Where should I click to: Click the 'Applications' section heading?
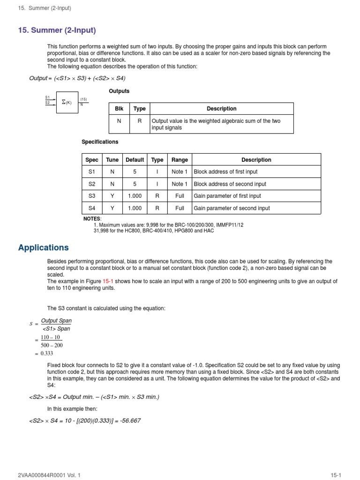[43, 247]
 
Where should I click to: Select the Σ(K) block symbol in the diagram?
[66, 102]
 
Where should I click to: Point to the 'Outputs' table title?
[119, 91]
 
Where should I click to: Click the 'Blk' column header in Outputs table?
[119, 109]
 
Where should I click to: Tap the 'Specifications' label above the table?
[100, 142]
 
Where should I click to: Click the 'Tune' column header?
[112, 160]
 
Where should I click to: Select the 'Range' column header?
[180, 160]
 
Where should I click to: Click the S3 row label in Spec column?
[91, 196]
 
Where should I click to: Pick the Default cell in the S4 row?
[135, 208]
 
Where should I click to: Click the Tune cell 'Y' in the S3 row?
[112, 196]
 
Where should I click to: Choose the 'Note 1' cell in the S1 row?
[180, 172]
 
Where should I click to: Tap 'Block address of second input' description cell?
[230, 184]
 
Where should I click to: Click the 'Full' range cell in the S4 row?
[180, 208]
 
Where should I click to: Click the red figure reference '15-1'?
[109, 281]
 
